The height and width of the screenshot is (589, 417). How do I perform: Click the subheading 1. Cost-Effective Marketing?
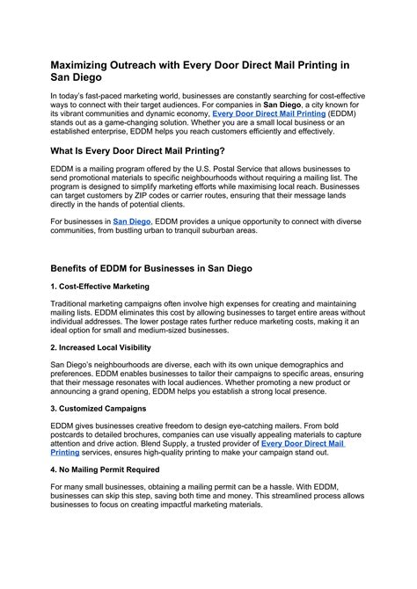pos(99,287)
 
